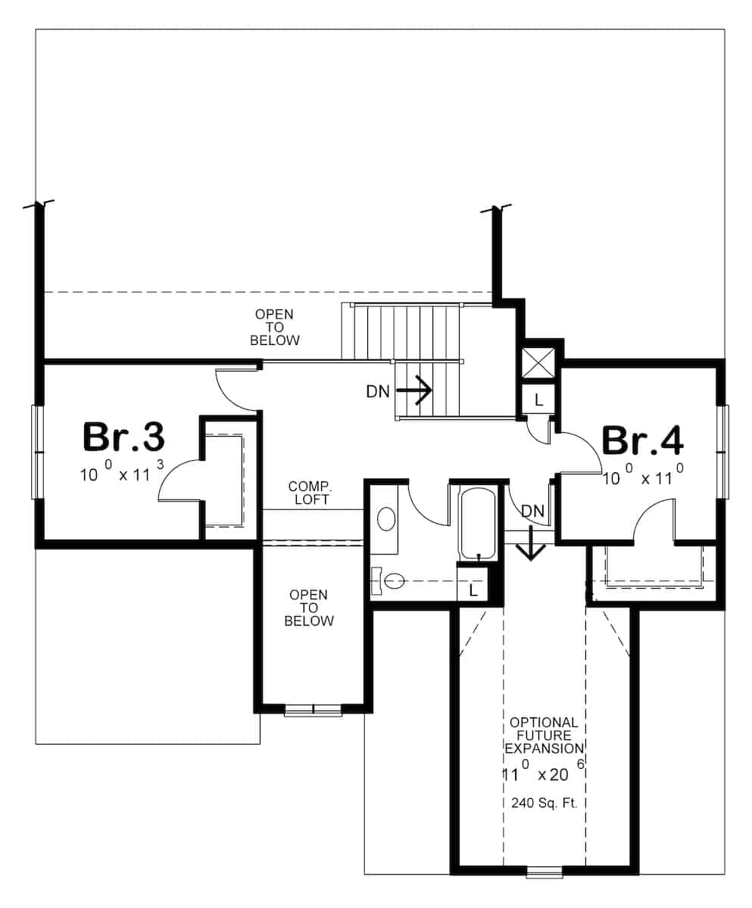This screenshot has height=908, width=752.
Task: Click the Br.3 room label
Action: point(123,438)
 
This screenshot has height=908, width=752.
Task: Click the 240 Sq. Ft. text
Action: point(544,804)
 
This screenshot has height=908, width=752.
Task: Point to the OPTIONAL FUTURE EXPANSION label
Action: point(543,735)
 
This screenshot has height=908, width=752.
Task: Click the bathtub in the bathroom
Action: point(478,522)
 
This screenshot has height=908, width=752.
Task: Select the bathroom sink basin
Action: point(385,520)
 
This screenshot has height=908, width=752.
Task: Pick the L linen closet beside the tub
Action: point(473,589)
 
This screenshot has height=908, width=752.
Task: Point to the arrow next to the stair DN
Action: point(414,391)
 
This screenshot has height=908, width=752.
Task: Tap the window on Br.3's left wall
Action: point(36,452)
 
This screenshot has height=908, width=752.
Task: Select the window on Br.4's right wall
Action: point(723,452)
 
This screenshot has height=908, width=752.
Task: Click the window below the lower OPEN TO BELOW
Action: point(313,710)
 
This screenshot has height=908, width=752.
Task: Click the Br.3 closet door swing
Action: point(179,483)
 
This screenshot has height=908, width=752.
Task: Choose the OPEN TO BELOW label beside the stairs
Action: point(274,327)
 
